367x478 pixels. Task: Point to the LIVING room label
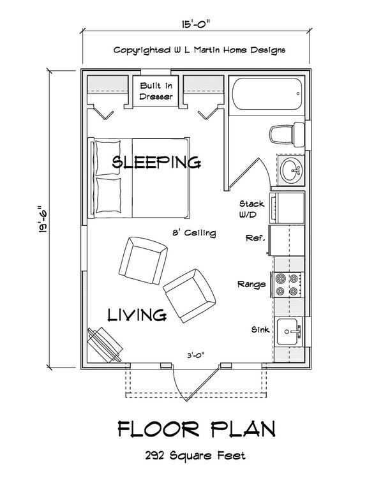137,314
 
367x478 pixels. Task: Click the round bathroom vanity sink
291,170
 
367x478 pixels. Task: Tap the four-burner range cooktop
286,284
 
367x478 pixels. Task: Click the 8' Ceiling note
194,233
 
